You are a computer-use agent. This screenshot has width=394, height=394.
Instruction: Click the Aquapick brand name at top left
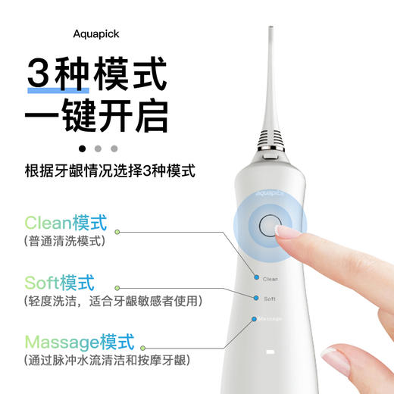96,34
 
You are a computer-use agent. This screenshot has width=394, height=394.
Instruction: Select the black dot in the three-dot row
82,149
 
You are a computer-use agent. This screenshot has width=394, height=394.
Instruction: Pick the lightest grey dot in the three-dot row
114,149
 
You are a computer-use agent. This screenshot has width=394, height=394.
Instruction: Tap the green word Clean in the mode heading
48,223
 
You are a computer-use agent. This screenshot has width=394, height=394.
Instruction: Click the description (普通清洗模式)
65,242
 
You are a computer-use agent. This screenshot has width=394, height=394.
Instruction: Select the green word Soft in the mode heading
42,283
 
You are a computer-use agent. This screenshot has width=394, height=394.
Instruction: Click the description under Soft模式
113,301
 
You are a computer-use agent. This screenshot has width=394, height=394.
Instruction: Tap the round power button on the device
268,227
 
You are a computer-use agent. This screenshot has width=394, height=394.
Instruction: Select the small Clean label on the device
270,280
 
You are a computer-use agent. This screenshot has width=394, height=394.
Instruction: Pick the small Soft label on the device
268,299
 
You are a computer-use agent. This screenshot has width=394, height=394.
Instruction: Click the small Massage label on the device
270,319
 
